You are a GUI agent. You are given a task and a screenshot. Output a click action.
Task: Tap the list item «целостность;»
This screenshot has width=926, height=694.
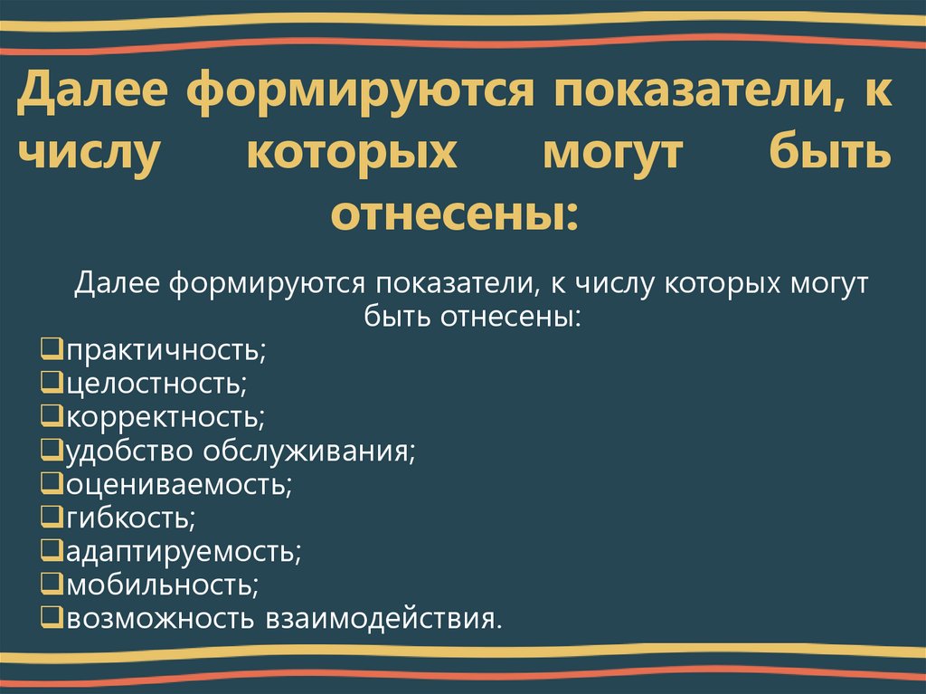156,383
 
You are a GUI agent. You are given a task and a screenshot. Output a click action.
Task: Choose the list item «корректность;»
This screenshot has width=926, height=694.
165,416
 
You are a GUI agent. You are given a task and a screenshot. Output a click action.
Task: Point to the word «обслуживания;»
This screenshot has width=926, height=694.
309,450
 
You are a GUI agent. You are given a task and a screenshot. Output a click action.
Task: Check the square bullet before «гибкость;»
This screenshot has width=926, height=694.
52,517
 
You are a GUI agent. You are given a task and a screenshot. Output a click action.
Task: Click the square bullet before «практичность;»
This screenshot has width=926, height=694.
52,348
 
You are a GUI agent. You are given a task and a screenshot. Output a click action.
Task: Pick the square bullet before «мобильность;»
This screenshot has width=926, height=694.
52,584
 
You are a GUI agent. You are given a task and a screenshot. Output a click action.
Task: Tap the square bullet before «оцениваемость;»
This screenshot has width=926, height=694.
52,483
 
